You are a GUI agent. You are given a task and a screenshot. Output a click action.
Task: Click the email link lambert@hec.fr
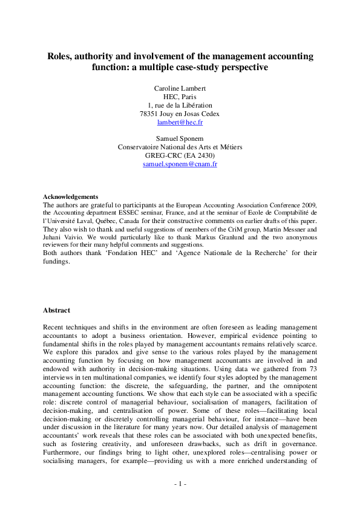tap(180, 122)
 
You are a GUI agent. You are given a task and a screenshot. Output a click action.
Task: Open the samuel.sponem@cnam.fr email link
tap(180, 164)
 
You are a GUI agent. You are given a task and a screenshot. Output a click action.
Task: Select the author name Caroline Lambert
tap(180, 88)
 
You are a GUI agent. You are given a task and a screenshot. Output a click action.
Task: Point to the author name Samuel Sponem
tap(180, 138)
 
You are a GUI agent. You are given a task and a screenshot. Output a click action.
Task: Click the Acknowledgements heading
tap(70, 196)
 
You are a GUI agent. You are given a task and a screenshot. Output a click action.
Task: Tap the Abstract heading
tap(56, 310)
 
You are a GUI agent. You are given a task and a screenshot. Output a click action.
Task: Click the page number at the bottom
tap(180, 484)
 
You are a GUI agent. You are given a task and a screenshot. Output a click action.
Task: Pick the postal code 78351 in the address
tap(149, 114)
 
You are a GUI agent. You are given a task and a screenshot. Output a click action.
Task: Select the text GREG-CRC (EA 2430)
tap(180, 155)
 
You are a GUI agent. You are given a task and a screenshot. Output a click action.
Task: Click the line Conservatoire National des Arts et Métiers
tap(180, 147)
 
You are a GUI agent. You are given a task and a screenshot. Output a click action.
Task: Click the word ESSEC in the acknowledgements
tap(142, 213)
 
